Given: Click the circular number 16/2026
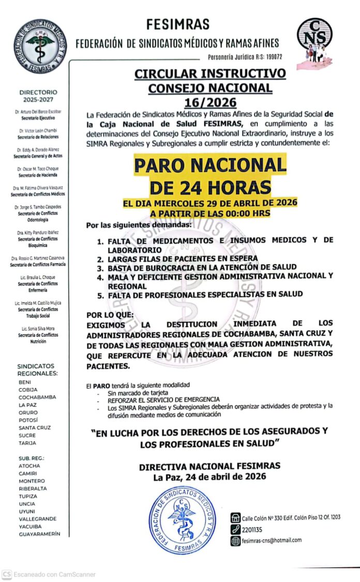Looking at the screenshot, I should (210, 102).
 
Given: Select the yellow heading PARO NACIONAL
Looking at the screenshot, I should (210, 165).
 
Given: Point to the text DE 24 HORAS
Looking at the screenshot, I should (210, 186).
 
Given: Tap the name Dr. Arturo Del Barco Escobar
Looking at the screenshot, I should (38, 112).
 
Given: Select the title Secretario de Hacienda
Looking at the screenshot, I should (38, 175).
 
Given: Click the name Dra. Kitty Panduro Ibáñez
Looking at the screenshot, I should (38, 233).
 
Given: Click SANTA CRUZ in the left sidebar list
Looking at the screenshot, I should (35, 428).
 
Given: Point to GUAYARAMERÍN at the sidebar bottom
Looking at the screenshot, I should (39, 534).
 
